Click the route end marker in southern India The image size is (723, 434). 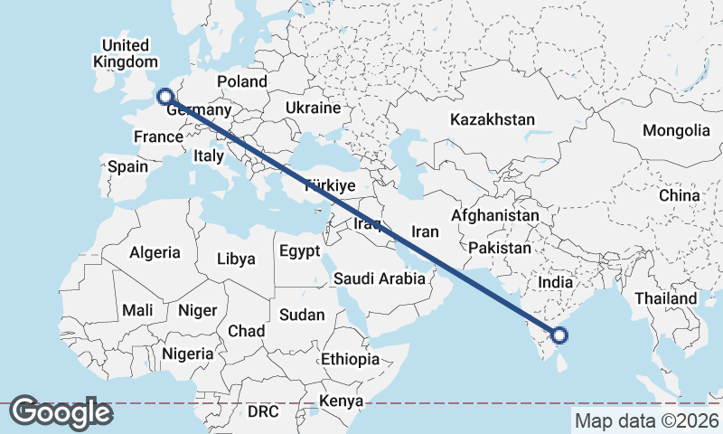tap(559, 335)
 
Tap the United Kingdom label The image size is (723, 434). tap(125, 53)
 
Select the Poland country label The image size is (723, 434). tap(242, 81)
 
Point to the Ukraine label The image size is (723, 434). tap(313, 108)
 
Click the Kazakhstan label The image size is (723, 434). tap(493, 119)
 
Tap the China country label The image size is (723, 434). tap(679, 195)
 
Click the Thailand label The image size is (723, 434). tap(665, 298)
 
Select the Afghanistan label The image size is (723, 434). tap(494, 216)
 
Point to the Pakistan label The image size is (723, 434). tap(500, 247)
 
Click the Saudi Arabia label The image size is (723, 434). tap(379, 278)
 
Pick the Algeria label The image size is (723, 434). tap(155, 253)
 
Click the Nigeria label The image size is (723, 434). tap(188, 353)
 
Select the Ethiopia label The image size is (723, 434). tap(350, 359)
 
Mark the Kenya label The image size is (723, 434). tap(343, 401)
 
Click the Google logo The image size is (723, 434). tap(61, 412)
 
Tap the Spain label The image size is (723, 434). tap(127, 166)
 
